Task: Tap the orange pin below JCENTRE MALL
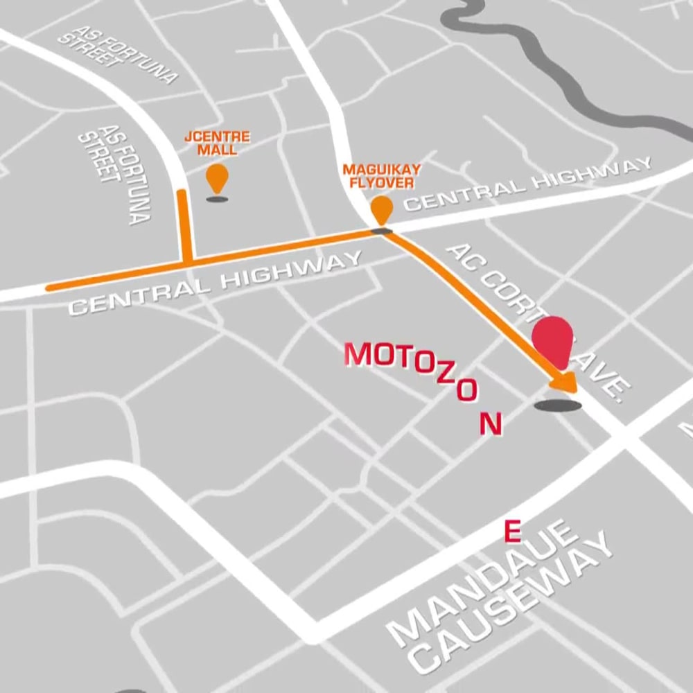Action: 217,177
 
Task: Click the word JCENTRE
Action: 217,137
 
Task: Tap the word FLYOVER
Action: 382,183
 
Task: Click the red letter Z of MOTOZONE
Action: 444,378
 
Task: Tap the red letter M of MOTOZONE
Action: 360,354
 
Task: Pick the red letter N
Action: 491,423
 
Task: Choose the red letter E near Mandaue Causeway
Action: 512,532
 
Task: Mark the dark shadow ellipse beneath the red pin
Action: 558,405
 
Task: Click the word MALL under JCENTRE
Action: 217,150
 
